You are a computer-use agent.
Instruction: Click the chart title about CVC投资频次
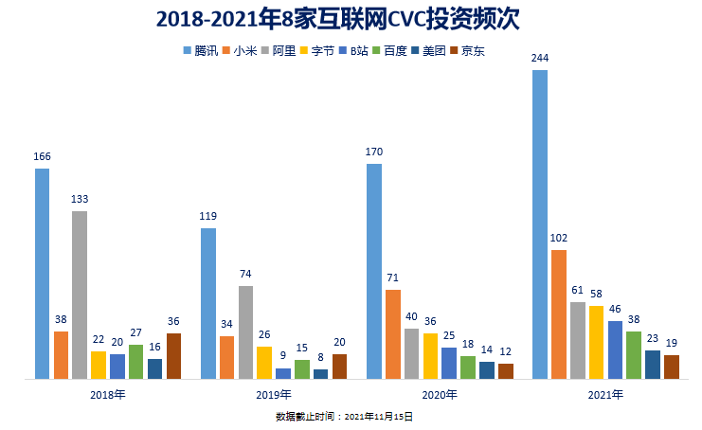[x=351, y=20]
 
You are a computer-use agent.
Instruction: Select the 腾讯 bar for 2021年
[x=540, y=224]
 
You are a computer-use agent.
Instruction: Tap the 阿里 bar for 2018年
[x=80, y=295]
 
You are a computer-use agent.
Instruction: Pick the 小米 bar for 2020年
[x=393, y=334]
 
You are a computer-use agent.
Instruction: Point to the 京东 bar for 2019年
[x=339, y=367]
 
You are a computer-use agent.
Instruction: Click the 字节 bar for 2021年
[x=596, y=342]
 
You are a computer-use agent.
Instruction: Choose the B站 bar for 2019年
[x=283, y=373]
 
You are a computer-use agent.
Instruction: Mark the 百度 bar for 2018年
[x=136, y=362]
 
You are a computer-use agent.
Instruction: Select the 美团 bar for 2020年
[x=487, y=370]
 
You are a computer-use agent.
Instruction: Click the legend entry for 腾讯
[x=199, y=51]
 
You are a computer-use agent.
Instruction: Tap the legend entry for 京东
[x=467, y=51]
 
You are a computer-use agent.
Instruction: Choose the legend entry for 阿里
[x=278, y=51]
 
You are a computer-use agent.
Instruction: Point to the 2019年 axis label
[x=275, y=395]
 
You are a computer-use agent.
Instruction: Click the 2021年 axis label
[x=605, y=395]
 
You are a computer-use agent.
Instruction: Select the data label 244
[x=540, y=59]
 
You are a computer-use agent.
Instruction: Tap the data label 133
[x=80, y=199]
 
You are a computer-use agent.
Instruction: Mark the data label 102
[x=559, y=238]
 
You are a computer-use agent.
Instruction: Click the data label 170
[x=374, y=151]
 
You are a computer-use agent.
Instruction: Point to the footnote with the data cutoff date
[x=344, y=416]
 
